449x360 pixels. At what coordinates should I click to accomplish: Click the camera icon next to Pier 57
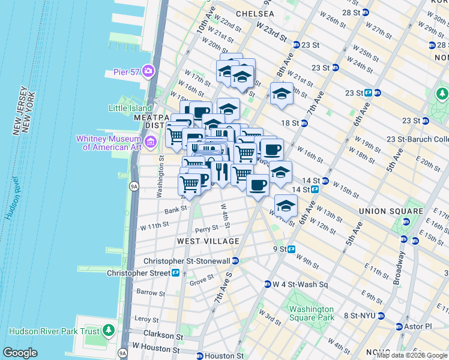[148, 71]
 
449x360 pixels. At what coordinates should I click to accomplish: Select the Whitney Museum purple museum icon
[151, 142]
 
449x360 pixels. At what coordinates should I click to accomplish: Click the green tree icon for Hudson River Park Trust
[109, 330]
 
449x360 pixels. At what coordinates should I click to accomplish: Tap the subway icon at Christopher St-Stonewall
[236, 261]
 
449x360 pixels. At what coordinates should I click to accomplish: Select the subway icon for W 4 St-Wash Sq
[268, 284]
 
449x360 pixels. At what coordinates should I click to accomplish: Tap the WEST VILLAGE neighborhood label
[208, 241]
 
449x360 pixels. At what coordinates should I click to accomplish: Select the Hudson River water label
[14, 197]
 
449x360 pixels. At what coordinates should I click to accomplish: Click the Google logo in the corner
[20, 353]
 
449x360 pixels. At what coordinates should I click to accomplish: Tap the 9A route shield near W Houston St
[122, 353]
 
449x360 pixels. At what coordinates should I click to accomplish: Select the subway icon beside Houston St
[200, 356]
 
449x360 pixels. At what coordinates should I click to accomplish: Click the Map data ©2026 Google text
[411, 355]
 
